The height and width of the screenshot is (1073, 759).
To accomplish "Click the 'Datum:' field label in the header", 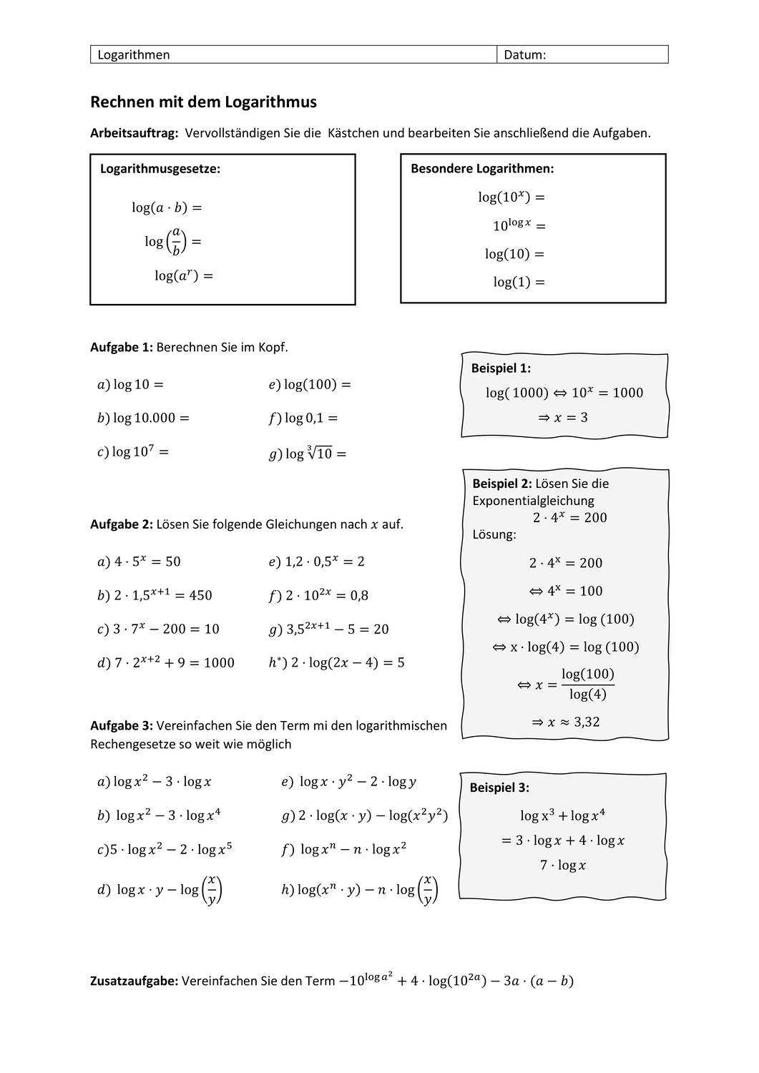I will pyautogui.click(x=524, y=55).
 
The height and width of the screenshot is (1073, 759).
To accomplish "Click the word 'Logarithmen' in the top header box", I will pyautogui.click(x=134, y=55).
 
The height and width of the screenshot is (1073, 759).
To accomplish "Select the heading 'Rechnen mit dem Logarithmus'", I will pyautogui.click(x=203, y=102).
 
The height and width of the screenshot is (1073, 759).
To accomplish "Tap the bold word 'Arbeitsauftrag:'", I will pyautogui.click(x=134, y=133).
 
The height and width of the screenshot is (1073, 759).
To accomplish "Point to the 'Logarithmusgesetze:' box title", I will pyautogui.click(x=160, y=169).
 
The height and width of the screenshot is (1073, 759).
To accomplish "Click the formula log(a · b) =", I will pyautogui.click(x=167, y=207).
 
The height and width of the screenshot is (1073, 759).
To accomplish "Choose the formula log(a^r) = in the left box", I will pyautogui.click(x=184, y=275).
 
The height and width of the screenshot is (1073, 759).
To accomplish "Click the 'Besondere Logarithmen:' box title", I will pyautogui.click(x=482, y=169).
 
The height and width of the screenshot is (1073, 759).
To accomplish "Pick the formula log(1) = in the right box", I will pyautogui.click(x=519, y=282).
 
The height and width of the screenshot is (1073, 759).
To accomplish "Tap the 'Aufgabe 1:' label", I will pyautogui.click(x=122, y=347).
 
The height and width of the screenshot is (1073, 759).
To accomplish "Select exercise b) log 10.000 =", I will pyautogui.click(x=143, y=418).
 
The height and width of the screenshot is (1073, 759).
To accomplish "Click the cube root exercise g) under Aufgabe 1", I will pyautogui.click(x=308, y=454).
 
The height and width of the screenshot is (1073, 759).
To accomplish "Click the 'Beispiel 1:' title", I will pyautogui.click(x=501, y=368).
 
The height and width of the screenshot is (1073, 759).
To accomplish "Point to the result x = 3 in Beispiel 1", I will pyautogui.click(x=563, y=417).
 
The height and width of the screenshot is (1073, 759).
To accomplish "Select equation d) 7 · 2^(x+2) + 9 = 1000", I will pyautogui.click(x=166, y=662).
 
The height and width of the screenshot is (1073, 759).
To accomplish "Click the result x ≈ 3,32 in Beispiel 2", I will pyautogui.click(x=565, y=722).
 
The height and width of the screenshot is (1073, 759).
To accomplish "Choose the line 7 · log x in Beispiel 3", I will pyautogui.click(x=563, y=866).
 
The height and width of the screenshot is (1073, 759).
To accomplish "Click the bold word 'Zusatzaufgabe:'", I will pyautogui.click(x=134, y=981).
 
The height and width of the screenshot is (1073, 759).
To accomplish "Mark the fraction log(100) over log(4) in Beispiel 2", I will pyautogui.click(x=587, y=684).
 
